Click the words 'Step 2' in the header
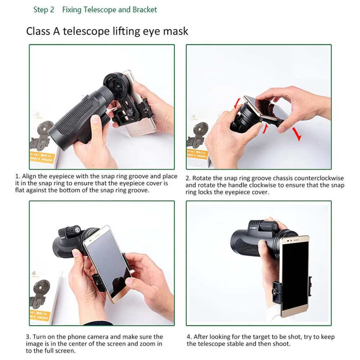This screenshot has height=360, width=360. coord(44,10)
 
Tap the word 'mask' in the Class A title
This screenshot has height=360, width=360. coord(176,31)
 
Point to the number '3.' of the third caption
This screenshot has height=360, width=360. coord(28,337)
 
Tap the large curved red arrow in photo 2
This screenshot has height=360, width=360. coord(296,134)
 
